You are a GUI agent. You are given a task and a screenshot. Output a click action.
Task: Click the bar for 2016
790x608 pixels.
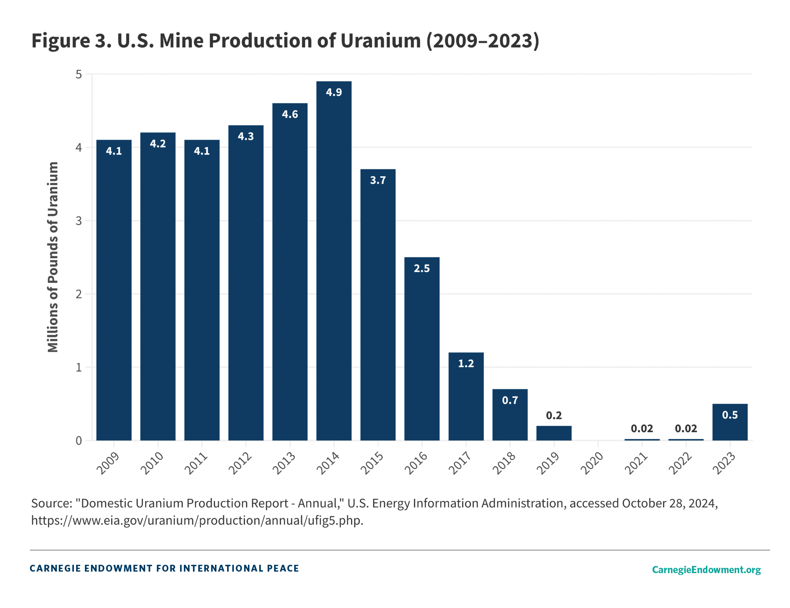pos(422,349)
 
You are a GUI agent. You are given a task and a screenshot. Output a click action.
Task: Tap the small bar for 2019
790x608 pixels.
pos(554,433)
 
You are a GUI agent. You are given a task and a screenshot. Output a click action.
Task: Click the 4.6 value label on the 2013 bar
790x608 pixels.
pos(290,114)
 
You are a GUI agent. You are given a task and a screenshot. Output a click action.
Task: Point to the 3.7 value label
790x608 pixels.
pos(378,180)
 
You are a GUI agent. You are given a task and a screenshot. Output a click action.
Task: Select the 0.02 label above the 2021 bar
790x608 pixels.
pos(642,428)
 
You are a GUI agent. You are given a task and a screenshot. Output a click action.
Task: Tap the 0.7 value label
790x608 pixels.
pos(510,400)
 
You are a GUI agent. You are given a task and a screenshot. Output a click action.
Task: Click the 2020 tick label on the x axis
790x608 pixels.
pos(592,463)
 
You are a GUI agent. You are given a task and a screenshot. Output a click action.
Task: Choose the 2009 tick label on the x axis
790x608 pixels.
pos(108,463)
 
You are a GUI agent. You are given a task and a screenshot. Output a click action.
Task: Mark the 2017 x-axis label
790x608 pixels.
pos(460,463)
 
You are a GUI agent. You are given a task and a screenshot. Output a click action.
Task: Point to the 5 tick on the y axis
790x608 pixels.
pos(79,74)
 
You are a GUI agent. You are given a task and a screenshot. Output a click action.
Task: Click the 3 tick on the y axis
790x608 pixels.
pos(79,221)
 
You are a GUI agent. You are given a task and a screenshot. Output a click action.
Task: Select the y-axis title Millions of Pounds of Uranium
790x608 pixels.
pos(53,257)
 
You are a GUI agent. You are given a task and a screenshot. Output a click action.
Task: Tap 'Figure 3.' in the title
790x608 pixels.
pos(71,41)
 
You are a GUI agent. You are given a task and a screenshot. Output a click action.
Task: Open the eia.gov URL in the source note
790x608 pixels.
pos(197,520)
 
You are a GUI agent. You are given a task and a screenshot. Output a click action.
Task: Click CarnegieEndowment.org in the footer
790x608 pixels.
pos(706,569)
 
